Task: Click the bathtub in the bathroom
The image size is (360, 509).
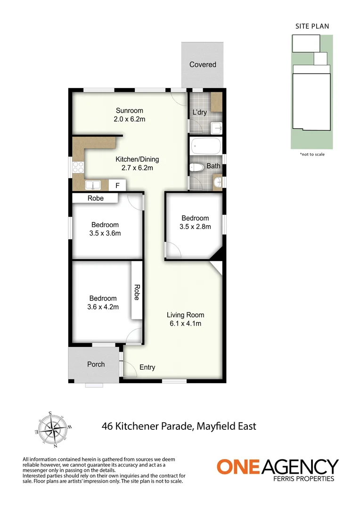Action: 206,146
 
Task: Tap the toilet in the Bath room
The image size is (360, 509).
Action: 196,167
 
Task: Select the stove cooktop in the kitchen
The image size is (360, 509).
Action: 78,167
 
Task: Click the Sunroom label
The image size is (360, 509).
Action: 129,111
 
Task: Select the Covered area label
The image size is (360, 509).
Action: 203,65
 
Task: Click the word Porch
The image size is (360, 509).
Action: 96,364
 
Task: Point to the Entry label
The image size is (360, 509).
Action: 147,368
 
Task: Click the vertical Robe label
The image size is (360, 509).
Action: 137,292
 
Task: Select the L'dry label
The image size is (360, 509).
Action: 200,113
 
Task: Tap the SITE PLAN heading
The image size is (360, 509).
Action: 312,26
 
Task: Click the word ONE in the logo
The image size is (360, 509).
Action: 238,467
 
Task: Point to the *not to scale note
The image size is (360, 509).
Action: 312,154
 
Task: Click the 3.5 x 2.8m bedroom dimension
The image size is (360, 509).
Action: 195,226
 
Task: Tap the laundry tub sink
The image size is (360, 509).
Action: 216,127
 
